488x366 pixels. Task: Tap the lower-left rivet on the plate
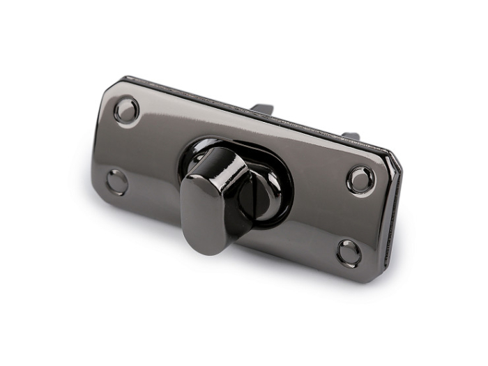coord(116,182)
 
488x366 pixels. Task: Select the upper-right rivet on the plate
coord(360,181)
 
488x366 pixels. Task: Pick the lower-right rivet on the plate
coord(349,252)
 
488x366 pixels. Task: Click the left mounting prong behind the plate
coord(263,109)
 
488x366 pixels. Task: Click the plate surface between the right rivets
coord(355,217)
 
